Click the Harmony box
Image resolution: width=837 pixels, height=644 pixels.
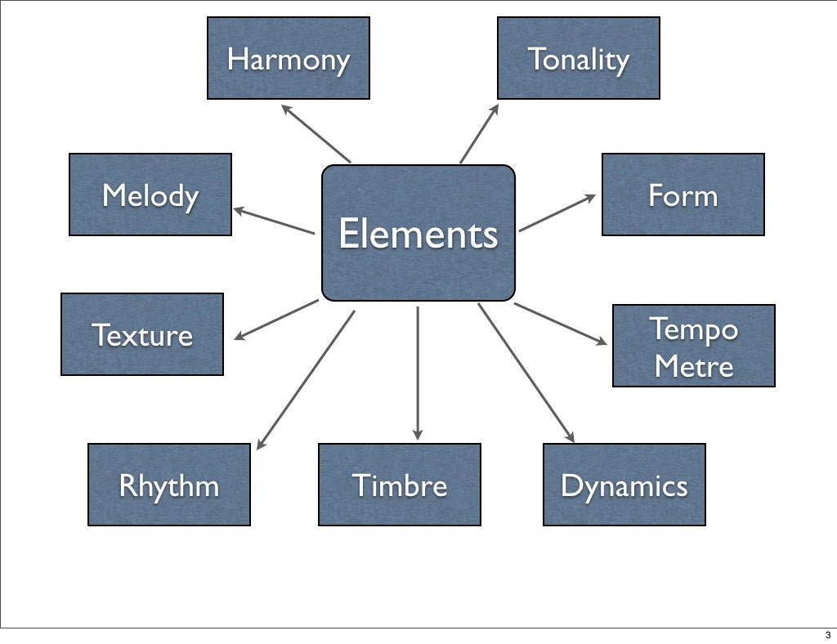point(288,58)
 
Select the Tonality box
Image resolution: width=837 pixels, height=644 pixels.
point(578,58)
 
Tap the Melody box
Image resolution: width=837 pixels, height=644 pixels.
point(150,195)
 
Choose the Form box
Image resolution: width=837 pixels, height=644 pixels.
point(683,195)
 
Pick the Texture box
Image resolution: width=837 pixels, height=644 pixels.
point(141,334)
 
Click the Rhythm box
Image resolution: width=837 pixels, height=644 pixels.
point(168,485)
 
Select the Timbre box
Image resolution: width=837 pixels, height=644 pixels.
point(399,485)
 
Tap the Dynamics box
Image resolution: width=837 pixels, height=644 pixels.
point(624,485)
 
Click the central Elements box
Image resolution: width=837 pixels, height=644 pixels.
point(418,234)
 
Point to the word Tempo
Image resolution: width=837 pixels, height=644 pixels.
point(693,329)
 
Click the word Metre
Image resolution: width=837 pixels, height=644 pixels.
point(693,365)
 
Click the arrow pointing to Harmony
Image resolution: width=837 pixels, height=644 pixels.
point(316,133)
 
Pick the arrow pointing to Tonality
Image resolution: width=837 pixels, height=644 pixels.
point(480,132)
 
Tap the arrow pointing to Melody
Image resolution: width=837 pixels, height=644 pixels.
point(274,221)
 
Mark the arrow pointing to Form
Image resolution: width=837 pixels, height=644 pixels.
point(557,212)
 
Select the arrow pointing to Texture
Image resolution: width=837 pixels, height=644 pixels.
point(276,320)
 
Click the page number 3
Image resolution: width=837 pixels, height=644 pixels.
point(827,635)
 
